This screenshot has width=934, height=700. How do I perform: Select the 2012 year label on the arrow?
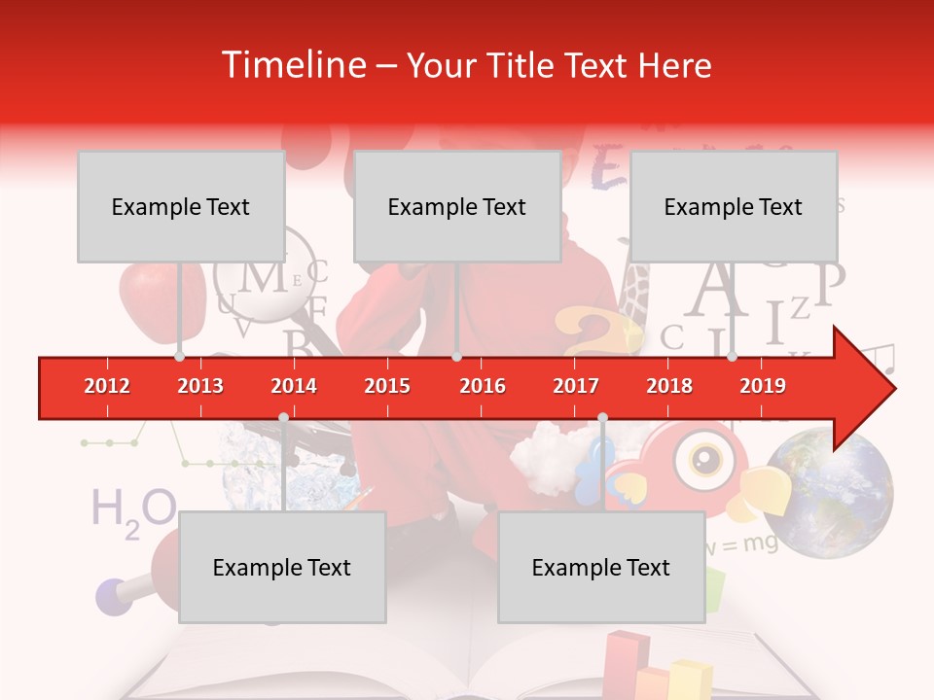coord(107,386)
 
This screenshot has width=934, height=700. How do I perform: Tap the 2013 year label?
coord(200,386)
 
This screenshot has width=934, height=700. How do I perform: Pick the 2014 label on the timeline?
coord(294,386)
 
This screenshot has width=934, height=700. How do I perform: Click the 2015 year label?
coord(387,386)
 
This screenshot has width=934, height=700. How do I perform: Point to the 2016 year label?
coord(483,386)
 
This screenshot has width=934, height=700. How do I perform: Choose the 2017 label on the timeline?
coord(576,386)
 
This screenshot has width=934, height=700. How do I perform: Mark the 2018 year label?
coord(669,386)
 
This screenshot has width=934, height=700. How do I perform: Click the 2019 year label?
coord(763,386)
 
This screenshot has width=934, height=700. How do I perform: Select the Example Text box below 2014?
coord(282,567)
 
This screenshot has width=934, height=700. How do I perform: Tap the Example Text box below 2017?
coord(601,567)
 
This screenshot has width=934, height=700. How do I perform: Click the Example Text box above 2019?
coord(734,206)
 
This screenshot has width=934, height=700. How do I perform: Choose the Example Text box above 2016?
coord(457,206)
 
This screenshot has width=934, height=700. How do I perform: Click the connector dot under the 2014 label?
coord(283,417)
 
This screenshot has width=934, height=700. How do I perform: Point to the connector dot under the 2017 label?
coord(602,417)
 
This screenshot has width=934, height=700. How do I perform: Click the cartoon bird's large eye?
coord(698,455)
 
